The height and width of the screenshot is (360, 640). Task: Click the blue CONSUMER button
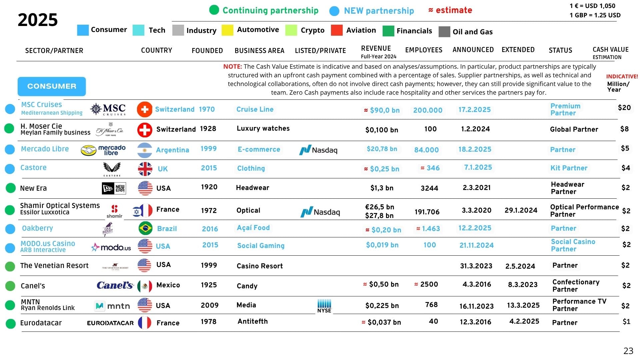point(52,86)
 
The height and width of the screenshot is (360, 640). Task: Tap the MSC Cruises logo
point(108,109)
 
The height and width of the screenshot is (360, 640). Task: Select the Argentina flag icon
point(145,150)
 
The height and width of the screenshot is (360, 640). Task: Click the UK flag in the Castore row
point(145,169)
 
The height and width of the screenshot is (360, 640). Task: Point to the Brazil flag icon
point(145,229)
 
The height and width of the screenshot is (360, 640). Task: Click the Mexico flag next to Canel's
point(145,286)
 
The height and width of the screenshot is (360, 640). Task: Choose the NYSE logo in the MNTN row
point(324,306)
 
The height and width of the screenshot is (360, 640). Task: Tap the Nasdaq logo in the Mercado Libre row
point(318,150)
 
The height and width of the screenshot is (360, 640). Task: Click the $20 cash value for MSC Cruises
point(624,108)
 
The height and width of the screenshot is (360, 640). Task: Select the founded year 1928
point(208,129)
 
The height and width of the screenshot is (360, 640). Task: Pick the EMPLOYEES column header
point(424,50)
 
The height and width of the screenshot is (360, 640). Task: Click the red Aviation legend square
point(337,30)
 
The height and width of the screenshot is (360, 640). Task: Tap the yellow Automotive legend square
point(227,30)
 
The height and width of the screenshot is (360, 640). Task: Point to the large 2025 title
point(38,20)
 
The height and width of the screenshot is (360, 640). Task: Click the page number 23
point(628,351)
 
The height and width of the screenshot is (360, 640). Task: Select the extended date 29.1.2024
point(521,210)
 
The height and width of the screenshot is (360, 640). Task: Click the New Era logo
point(113,188)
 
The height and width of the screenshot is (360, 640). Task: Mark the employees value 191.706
point(427,212)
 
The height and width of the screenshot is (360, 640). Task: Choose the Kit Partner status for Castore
point(569,168)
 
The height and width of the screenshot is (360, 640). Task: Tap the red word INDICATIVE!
point(622,76)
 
